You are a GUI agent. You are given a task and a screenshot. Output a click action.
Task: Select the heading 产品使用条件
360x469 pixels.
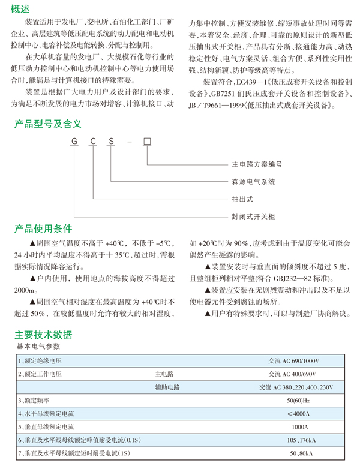pyautogui.click(x=43, y=228)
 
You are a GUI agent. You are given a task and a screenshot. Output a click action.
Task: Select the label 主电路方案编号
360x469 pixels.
pyautogui.click(x=257, y=164)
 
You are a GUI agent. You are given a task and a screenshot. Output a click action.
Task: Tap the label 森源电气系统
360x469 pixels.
pyautogui.click(x=253, y=181)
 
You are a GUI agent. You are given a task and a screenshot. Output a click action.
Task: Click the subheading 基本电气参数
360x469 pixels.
pyautogui.click(x=38, y=347)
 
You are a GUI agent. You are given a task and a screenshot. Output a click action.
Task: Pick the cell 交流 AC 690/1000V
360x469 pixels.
pyautogui.click(x=294, y=361)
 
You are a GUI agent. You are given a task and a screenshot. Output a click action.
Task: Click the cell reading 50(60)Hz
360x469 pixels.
pyautogui.click(x=298, y=400)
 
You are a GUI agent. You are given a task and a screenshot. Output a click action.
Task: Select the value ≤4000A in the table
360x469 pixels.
pyautogui.click(x=298, y=413)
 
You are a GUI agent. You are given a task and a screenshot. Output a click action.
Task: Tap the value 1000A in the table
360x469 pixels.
pyautogui.click(x=299, y=426)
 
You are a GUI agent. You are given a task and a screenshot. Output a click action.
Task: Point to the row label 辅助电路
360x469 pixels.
pyautogui.click(x=167, y=387)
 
